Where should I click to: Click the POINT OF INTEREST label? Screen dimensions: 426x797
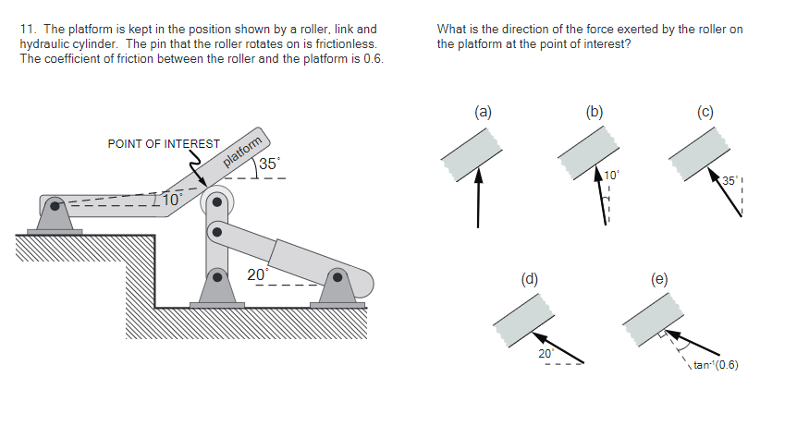coord(164,144)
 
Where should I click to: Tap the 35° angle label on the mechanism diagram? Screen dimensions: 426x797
coord(269,164)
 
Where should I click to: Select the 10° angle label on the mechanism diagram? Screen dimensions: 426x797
coord(173,199)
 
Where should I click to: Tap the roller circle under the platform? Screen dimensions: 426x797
coord(217,201)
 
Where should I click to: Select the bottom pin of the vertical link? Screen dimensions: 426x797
coord(216,275)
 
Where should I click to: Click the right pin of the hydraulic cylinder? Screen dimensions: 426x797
coord(337,276)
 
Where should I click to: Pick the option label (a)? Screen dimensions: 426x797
coord(482,113)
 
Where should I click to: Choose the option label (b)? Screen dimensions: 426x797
coord(595,113)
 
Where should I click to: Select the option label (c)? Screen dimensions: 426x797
coord(705,113)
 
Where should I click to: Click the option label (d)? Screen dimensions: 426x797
coord(530,277)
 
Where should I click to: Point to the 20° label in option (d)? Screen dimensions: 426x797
coord(546,353)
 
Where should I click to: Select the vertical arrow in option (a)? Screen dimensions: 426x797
coord(478,198)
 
